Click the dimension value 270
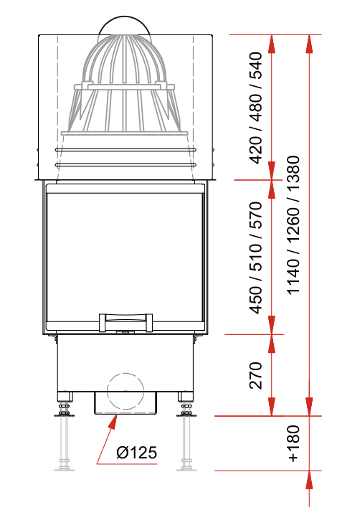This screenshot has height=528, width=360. point(255,375)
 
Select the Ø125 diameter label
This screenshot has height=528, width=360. point(137,452)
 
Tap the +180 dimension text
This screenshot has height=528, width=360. point(293,443)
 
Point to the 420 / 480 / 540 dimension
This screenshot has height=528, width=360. point(255,108)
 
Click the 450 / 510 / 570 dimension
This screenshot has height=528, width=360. point(255,258)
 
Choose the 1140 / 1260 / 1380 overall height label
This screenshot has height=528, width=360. point(293,225)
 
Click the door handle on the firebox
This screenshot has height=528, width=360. point(125,322)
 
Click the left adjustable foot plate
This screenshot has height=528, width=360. point(64,415)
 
